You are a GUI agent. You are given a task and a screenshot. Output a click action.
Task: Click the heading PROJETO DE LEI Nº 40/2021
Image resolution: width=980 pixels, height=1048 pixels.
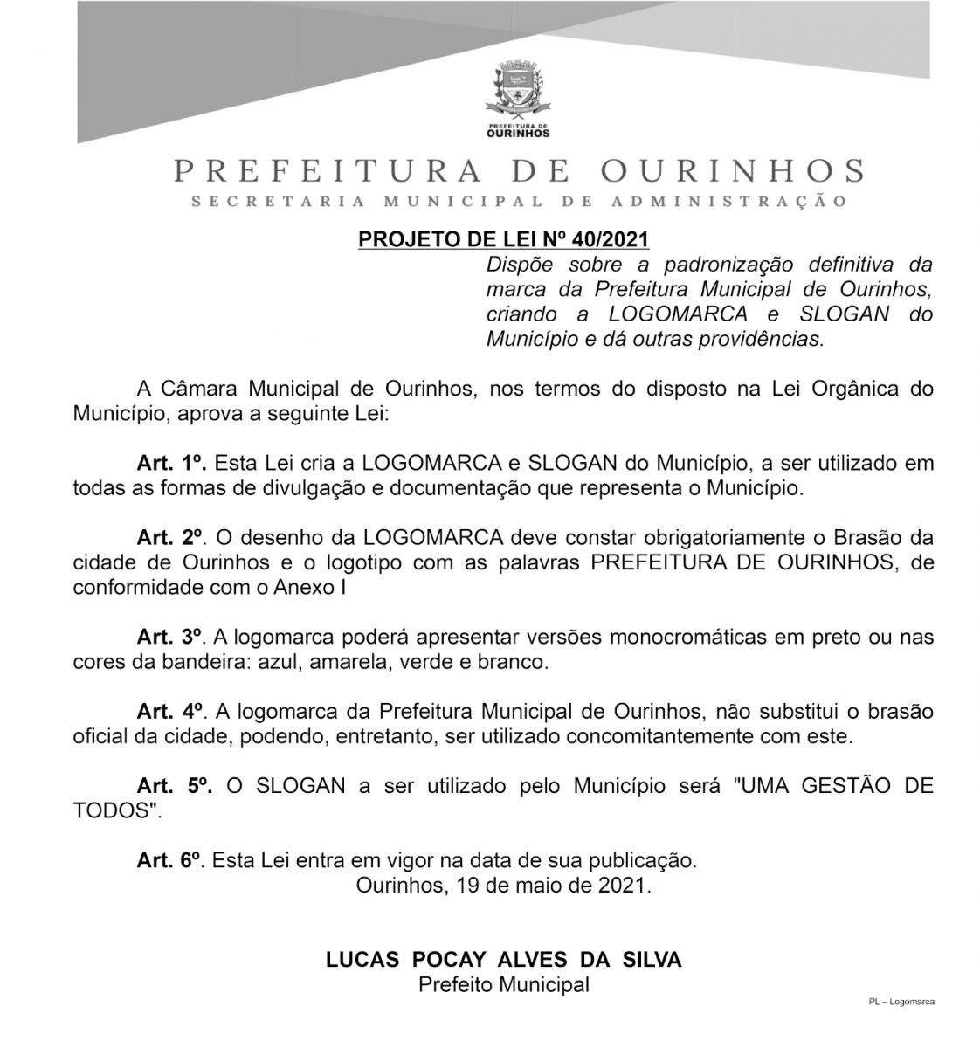tap(504, 239)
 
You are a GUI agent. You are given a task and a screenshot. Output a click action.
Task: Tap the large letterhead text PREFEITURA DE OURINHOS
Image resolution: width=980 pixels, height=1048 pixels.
tap(520, 170)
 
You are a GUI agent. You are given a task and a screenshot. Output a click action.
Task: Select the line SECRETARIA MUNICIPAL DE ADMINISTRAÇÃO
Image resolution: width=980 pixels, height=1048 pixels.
tap(519, 203)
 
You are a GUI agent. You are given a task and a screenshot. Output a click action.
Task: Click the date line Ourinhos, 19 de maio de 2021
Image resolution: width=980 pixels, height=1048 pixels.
tap(504, 886)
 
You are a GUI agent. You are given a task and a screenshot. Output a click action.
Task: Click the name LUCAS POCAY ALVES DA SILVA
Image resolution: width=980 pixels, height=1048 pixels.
tap(504, 960)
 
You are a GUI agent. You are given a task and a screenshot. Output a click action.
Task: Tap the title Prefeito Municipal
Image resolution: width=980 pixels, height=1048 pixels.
tap(504, 985)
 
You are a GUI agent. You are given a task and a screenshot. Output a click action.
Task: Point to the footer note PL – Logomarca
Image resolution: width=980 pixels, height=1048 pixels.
tap(901, 1002)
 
